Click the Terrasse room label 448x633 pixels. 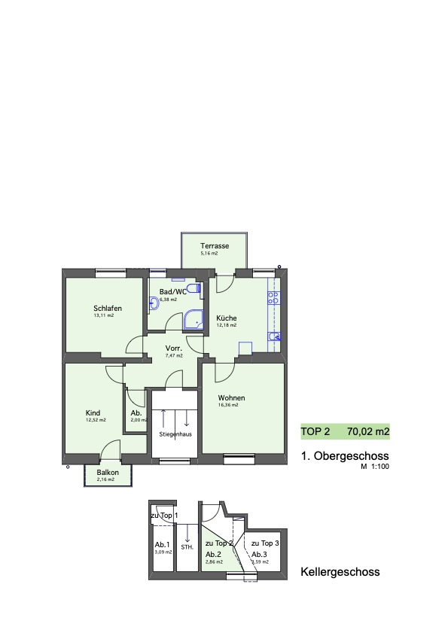215,246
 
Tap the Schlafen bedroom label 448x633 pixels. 108,309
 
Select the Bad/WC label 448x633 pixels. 172,291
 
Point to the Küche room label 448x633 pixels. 226,318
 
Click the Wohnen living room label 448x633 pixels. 231,397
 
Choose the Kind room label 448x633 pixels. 93,412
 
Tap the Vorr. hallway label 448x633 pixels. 175,348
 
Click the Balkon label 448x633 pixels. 107,472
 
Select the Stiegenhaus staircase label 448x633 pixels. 174,434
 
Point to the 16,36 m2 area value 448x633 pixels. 228,405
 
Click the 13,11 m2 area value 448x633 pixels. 104,316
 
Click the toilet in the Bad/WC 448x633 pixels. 194,289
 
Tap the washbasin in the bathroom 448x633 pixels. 154,303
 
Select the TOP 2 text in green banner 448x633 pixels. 315,432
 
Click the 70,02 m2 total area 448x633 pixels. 368,432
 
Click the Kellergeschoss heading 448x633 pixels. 340,572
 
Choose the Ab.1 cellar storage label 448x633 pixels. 162,545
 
